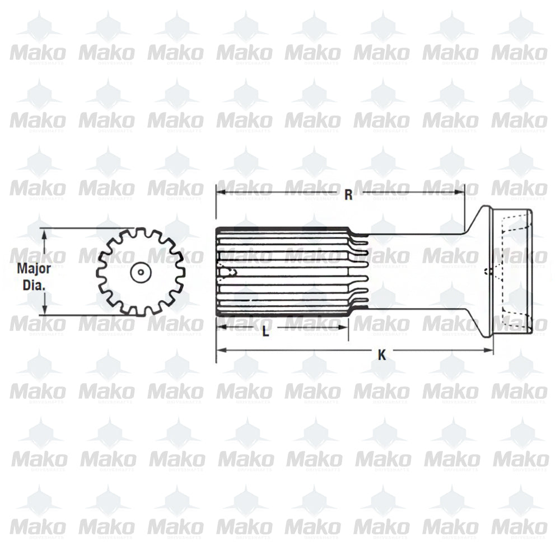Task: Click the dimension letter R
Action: click(348, 194)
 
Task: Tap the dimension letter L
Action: click(266, 332)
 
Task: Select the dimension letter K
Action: click(382, 354)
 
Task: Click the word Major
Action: click(34, 268)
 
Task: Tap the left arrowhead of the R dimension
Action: click(221, 192)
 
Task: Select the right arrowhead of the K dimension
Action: click(489, 351)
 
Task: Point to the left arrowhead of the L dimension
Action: click(221, 326)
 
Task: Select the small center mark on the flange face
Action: click(489, 273)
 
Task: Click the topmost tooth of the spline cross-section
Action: click(138, 233)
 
